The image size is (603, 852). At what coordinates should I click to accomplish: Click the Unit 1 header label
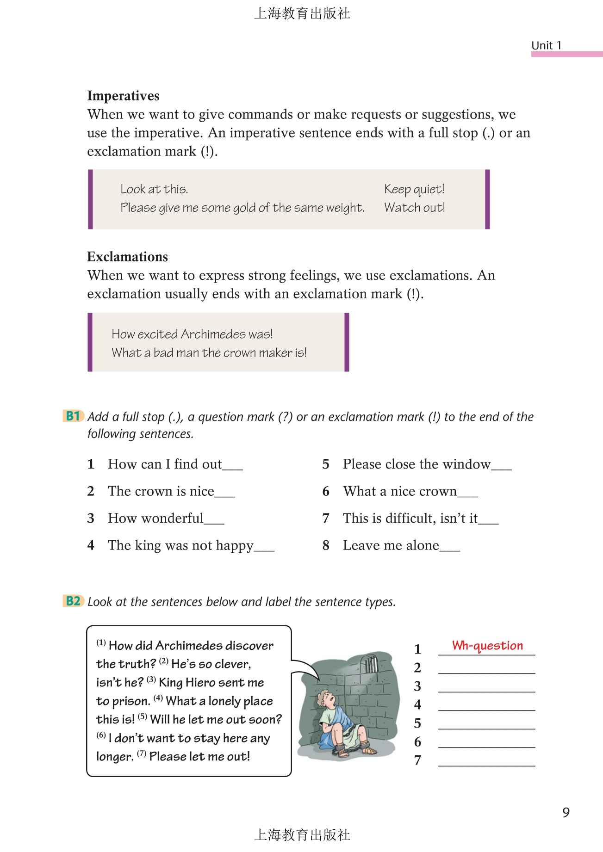coord(546,45)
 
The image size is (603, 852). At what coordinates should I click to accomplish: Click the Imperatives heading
coord(123,96)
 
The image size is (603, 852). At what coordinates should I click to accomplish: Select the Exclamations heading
coord(127,257)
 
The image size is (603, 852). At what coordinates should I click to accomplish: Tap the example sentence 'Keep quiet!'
coord(414,189)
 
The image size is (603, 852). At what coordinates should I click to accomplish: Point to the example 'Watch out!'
coord(415,208)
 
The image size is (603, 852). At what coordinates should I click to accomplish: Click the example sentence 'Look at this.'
coord(154,189)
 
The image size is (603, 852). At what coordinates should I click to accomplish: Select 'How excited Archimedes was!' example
coord(192,334)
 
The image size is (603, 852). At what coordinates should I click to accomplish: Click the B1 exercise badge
coord(73,416)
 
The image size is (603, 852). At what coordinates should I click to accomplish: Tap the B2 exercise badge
coord(73,601)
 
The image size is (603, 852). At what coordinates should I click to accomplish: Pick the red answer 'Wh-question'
coord(487,645)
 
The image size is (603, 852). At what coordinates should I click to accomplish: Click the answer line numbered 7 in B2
coord(486,762)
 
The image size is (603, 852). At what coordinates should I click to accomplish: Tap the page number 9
coord(566,813)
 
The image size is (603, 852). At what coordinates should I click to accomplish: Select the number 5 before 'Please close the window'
coord(326,464)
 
